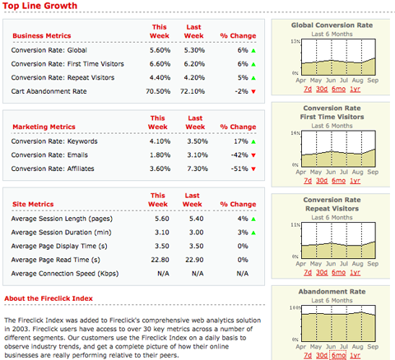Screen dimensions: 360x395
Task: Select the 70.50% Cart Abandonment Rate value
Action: (x=158, y=91)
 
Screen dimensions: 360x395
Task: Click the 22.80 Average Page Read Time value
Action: (x=161, y=259)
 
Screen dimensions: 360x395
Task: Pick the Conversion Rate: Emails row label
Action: (x=43, y=155)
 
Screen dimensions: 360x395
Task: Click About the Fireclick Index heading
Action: (x=48, y=298)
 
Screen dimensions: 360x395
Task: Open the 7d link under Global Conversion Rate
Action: (x=307, y=90)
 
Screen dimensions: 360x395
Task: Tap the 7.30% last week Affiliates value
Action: (x=193, y=168)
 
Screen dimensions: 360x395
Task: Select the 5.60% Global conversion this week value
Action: (x=160, y=50)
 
